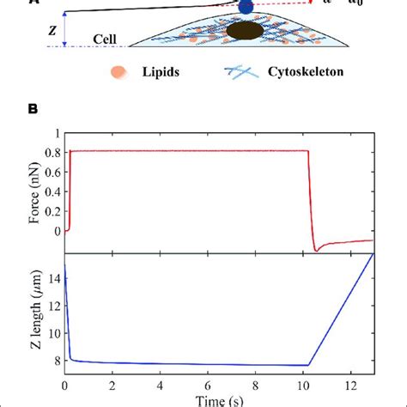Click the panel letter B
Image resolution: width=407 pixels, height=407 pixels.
(33, 109)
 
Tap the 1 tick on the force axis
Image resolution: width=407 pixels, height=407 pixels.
(56, 133)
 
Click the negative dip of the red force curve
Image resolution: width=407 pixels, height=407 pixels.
(318, 250)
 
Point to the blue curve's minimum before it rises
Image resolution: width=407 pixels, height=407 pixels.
(307, 366)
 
